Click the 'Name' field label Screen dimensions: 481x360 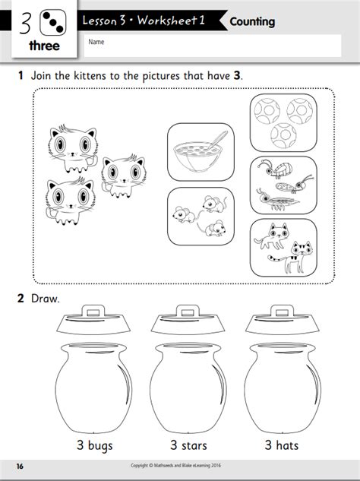96,43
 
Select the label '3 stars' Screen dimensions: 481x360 185,444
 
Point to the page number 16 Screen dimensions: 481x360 21,465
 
